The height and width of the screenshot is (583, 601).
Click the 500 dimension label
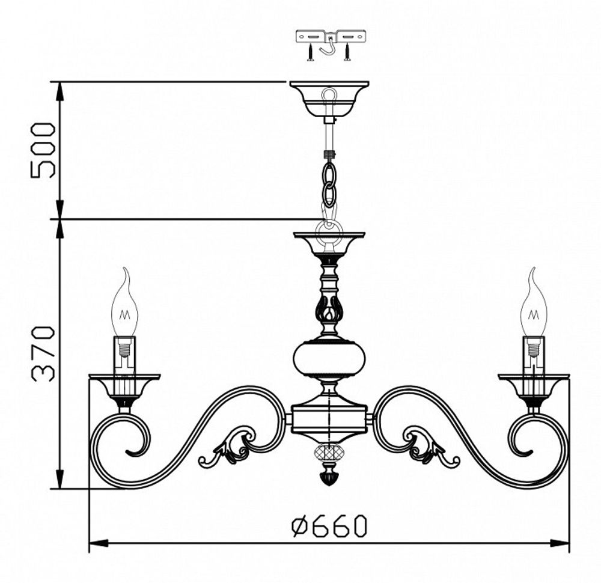pos(43,150)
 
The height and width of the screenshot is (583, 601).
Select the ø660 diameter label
pos(329,527)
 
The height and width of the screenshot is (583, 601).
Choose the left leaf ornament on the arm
pos(231,448)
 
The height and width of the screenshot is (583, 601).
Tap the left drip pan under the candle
pos(124,383)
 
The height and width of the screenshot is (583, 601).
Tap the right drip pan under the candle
pos(533,383)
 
